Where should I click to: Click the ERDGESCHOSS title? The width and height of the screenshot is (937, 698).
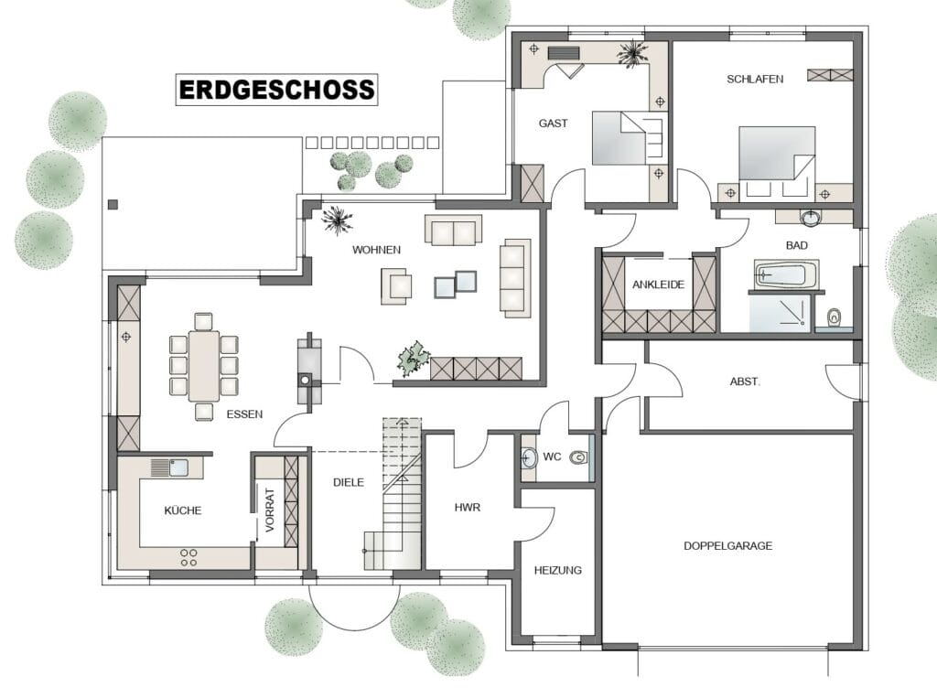click(276, 90)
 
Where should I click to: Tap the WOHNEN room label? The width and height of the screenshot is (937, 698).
click(376, 250)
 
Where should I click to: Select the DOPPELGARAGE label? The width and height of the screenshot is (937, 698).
click(727, 545)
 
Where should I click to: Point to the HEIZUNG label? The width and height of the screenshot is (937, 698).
click(557, 570)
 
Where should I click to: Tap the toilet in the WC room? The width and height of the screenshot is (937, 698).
click(578, 458)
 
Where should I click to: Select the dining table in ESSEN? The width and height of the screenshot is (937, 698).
click(204, 365)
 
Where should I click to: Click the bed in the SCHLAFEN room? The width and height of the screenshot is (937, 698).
click(777, 161)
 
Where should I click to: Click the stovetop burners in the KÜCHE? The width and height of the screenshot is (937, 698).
click(188, 557)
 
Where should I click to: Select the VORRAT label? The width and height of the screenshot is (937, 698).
click(270, 510)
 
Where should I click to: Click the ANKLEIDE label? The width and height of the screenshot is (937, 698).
click(658, 285)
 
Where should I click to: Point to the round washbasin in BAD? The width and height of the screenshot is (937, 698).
click(811, 218)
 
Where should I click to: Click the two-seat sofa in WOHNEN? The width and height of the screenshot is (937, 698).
click(454, 231)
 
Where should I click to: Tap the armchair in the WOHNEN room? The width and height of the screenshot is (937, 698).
click(396, 283)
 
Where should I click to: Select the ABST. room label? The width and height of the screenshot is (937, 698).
click(745, 381)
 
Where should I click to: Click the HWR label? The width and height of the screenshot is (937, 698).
click(468, 508)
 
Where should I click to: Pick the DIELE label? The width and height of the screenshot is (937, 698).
click(349, 482)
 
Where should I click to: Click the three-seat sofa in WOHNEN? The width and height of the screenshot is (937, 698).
click(515, 278)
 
